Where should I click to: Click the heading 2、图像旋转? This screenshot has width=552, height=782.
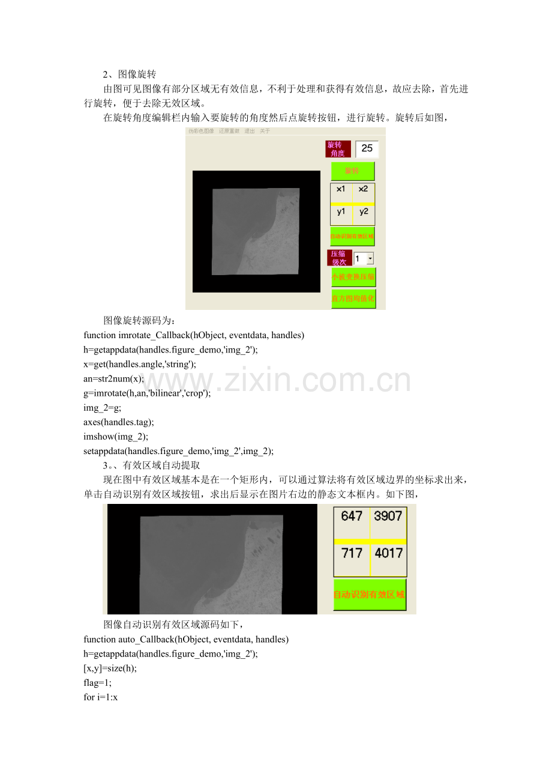[130, 74]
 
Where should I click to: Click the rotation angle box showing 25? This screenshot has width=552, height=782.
[367, 149]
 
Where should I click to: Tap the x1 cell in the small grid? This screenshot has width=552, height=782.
[341, 189]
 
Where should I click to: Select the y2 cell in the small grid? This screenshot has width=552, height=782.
[364, 211]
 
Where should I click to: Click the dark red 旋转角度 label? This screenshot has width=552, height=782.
[338, 149]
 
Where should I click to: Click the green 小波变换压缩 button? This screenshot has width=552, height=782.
[353, 277]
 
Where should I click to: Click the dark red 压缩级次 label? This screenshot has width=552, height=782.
[339, 258]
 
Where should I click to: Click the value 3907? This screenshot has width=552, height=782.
[388, 516]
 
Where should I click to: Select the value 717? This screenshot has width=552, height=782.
[352, 553]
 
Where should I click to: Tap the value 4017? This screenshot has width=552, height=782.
[388, 553]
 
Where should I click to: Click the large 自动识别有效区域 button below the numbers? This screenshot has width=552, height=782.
[370, 595]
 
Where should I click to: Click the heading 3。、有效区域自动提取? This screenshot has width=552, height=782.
[151, 465]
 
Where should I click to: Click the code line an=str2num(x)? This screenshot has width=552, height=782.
[113, 378]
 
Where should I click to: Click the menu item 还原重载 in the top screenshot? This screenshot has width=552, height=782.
[229, 131]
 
